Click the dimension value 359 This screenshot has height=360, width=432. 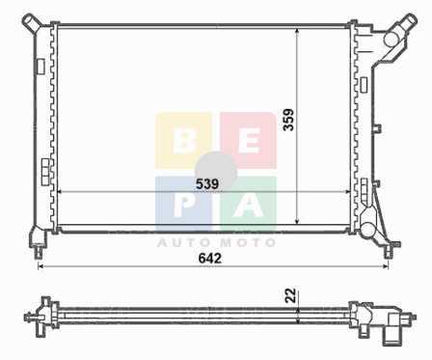(288, 120)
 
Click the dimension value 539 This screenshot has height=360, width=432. (207, 184)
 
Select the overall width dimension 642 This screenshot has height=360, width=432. (210, 259)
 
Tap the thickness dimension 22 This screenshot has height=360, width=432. (290, 295)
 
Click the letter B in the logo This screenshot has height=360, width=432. (184, 142)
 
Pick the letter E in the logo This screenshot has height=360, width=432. (249, 142)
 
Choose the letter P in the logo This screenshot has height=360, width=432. (183, 205)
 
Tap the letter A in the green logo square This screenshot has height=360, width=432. (249, 205)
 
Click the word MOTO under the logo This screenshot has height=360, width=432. (248, 242)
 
